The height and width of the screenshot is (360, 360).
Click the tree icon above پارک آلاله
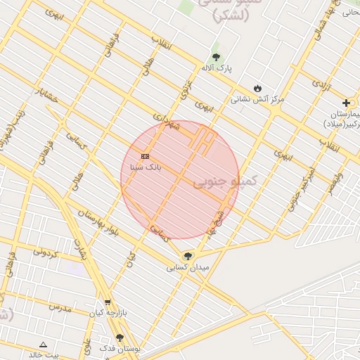pyautogui.click(x=216, y=57)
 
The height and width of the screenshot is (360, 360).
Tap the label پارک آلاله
pyautogui.click(x=216, y=68)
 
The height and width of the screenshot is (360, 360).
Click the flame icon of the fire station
pyautogui.click(x=258, y=88)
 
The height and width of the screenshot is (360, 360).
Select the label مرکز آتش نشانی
pyautogui.click(x=257, y=99)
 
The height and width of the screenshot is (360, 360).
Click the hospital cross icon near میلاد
pyautogui.click(x=346, y=103)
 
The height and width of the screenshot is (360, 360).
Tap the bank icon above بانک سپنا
pyautogui.click(x=145, y=156)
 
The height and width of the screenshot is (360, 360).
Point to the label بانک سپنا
pyautogui.click(x=146, y=167)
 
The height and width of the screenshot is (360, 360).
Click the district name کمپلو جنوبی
pyautogui.click(x=225, y=181)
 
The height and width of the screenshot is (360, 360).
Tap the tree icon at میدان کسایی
pyautogui.click(x=187, y=256)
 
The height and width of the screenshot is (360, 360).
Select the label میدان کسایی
pyautogui.click(x=187, y=267)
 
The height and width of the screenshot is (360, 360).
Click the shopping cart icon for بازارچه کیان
pyautogui.click(x=108, y=302)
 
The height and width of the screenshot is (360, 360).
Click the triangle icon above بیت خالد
pyautogui.click(x=43, y=345)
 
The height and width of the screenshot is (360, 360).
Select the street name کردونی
pyautogui.click(x=45, y=251)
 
